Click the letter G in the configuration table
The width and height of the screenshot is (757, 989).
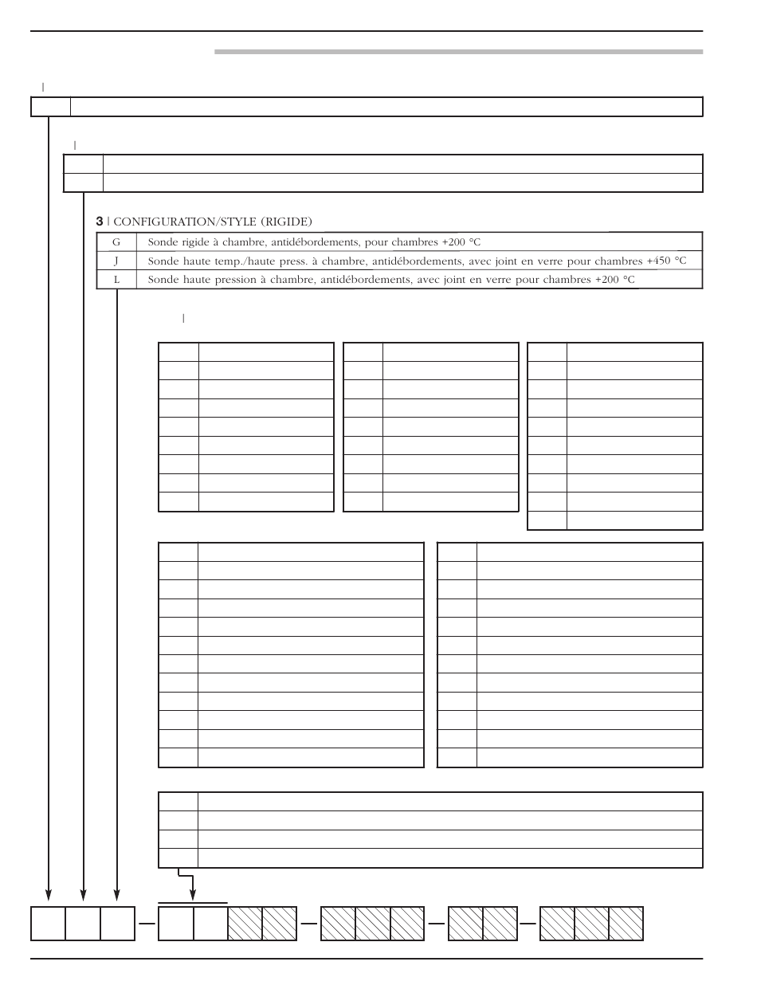(x=116, y=241)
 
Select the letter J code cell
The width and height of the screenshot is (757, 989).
(x=116, y=261)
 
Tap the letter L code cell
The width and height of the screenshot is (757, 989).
(x=116, y=280)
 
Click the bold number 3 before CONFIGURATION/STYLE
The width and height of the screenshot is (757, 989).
(x=100, y=221)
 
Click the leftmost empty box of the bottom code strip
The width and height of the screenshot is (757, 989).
(x=48, y=924)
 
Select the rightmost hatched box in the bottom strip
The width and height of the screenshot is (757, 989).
(x=626, y=924)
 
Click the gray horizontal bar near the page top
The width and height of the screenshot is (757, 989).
(x=458, y=53)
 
